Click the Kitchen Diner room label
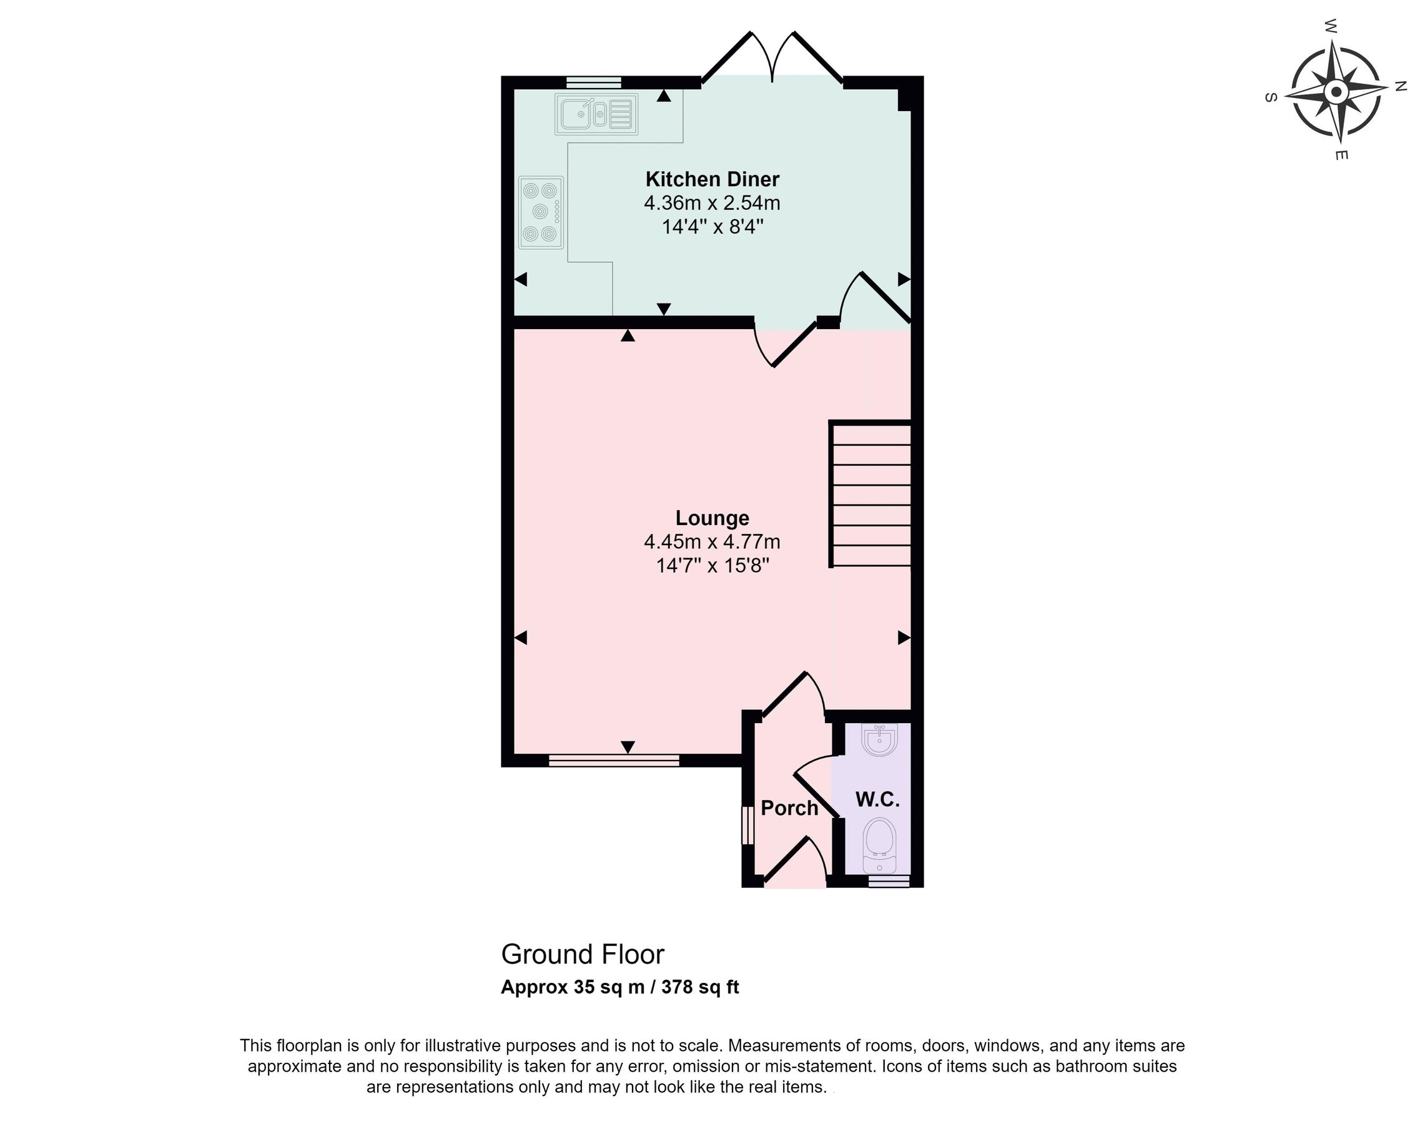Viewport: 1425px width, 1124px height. click(711, 179)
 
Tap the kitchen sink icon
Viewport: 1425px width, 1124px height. click(596, 114)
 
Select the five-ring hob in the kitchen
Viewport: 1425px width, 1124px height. click(540, 212)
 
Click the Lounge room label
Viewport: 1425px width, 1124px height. click(711, 518)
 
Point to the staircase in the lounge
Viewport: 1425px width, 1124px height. click(869, 494)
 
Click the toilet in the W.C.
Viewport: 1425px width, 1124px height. click(880, 843)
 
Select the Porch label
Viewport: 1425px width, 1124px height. click(789, 808)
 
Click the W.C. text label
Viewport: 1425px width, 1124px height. click(877, 799)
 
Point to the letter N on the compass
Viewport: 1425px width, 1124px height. click(1400, 86)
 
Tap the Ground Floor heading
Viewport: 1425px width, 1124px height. click(583, 954)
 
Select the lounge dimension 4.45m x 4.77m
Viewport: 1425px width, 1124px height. click(711, 541)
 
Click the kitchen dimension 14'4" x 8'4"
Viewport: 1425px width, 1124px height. click(711, 227)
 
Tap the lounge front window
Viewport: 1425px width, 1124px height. click(613, 761)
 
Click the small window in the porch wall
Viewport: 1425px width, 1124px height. click(747, 826)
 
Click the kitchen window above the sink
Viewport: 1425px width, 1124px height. click(594, 82)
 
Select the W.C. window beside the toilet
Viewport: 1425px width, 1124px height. click(889, 881)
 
